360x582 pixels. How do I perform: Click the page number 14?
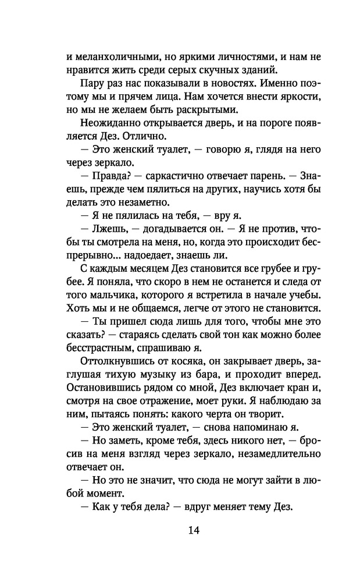pyautogui.click(x=180, y=530)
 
